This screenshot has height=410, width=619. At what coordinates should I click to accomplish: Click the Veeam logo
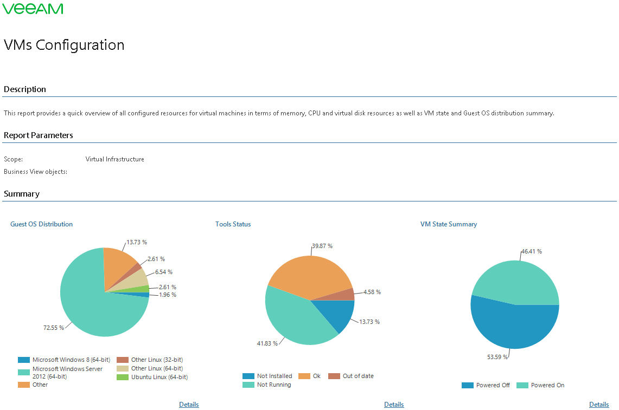click(x=33, y=9)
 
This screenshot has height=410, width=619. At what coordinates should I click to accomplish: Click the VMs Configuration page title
click(x=64, y=45)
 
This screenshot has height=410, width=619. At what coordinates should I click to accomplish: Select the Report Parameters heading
click(x=38, y=135)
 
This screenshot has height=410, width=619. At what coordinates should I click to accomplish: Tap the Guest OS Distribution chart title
click(x=41, y=224)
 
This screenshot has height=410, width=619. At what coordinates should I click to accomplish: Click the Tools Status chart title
click(x=233, y=224)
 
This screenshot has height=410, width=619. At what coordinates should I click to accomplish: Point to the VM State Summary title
click(x=448, y=224)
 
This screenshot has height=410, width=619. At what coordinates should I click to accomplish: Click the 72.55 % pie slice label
click(x=54, y=327)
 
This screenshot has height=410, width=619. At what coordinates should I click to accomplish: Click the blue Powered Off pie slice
click(x=513, y=325)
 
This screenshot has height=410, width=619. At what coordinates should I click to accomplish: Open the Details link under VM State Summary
click(x=599, y=405)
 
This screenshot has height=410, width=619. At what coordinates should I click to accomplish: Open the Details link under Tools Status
click(x=394, y=405)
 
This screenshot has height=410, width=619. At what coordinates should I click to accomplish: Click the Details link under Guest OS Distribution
click(x=189, y=405)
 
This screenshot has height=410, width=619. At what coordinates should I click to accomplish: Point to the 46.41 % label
click(x=532, y=251)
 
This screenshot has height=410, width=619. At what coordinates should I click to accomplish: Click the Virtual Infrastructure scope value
click(x=115, y=159)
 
